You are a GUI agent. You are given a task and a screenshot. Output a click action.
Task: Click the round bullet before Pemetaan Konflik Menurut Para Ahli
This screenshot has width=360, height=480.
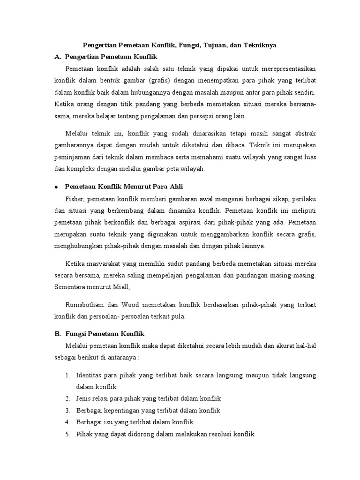56,187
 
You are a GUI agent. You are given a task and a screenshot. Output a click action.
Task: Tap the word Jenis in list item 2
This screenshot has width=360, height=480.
83,398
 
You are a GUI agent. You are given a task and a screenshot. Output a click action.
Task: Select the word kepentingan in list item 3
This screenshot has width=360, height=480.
118,410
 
